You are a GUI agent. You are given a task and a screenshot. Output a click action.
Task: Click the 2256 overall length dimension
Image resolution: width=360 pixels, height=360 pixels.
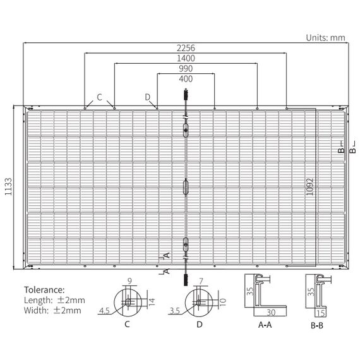[x=186, y=48]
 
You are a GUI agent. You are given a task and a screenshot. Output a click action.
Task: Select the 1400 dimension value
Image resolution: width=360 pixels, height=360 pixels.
[x=186, y=58]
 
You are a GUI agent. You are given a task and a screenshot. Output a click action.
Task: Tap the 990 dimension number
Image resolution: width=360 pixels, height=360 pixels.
[x=186, y=69]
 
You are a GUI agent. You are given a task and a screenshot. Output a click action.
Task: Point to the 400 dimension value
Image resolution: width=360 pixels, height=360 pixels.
[x=186, y=79]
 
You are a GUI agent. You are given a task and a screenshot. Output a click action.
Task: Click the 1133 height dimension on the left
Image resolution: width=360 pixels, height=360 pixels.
[x=8, y=186]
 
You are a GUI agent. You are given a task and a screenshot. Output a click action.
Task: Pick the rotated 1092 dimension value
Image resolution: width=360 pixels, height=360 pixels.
[x=309, y=187]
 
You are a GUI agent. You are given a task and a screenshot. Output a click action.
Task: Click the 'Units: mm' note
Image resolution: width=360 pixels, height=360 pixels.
[x=325, y=38]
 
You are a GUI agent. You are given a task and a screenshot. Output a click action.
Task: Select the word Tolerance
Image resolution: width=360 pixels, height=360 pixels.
[x=44, y=290]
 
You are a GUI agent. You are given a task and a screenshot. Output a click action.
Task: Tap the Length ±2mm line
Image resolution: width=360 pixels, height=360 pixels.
[x=54, y=300]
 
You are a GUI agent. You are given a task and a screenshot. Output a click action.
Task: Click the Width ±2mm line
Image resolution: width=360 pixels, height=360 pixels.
[x=52, y=311]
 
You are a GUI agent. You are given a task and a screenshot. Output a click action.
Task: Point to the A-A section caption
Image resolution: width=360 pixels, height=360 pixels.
[x=265, y=325]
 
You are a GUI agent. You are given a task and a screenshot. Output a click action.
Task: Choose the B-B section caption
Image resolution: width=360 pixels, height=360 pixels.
[x=317, y=325]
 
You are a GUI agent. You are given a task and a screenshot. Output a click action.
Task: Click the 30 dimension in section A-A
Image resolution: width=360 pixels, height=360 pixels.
[x=271, y=313]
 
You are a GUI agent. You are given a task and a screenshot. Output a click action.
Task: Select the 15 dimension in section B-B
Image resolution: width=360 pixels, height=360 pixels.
[x=321, y=313]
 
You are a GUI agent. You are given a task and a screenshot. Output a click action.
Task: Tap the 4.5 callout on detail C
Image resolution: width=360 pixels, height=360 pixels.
[x=104, y=311]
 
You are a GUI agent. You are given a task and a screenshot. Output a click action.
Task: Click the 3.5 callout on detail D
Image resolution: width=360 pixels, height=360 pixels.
[x=175, y=311]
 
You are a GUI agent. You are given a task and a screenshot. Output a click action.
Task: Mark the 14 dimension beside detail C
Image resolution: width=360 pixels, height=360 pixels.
[x=152, y=302]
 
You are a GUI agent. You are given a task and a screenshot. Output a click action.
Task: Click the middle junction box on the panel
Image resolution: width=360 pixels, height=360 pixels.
[x=186, y=187]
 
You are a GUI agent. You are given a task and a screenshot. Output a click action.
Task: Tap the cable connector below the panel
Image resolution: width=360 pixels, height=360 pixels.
[x=186, y=279]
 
